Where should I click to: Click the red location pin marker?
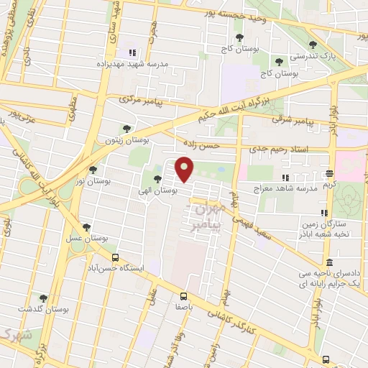[185, 170]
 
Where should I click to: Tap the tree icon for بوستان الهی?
[157, 179]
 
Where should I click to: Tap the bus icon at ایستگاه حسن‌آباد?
[115, 257]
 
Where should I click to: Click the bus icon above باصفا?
[183, 295]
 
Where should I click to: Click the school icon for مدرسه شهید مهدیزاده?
[132, 52]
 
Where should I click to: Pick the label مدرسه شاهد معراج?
[277, 188]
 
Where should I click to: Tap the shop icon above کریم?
[329, 173]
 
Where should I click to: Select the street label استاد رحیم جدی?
[274, 150]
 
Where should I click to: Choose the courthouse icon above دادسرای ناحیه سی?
[329, 262]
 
